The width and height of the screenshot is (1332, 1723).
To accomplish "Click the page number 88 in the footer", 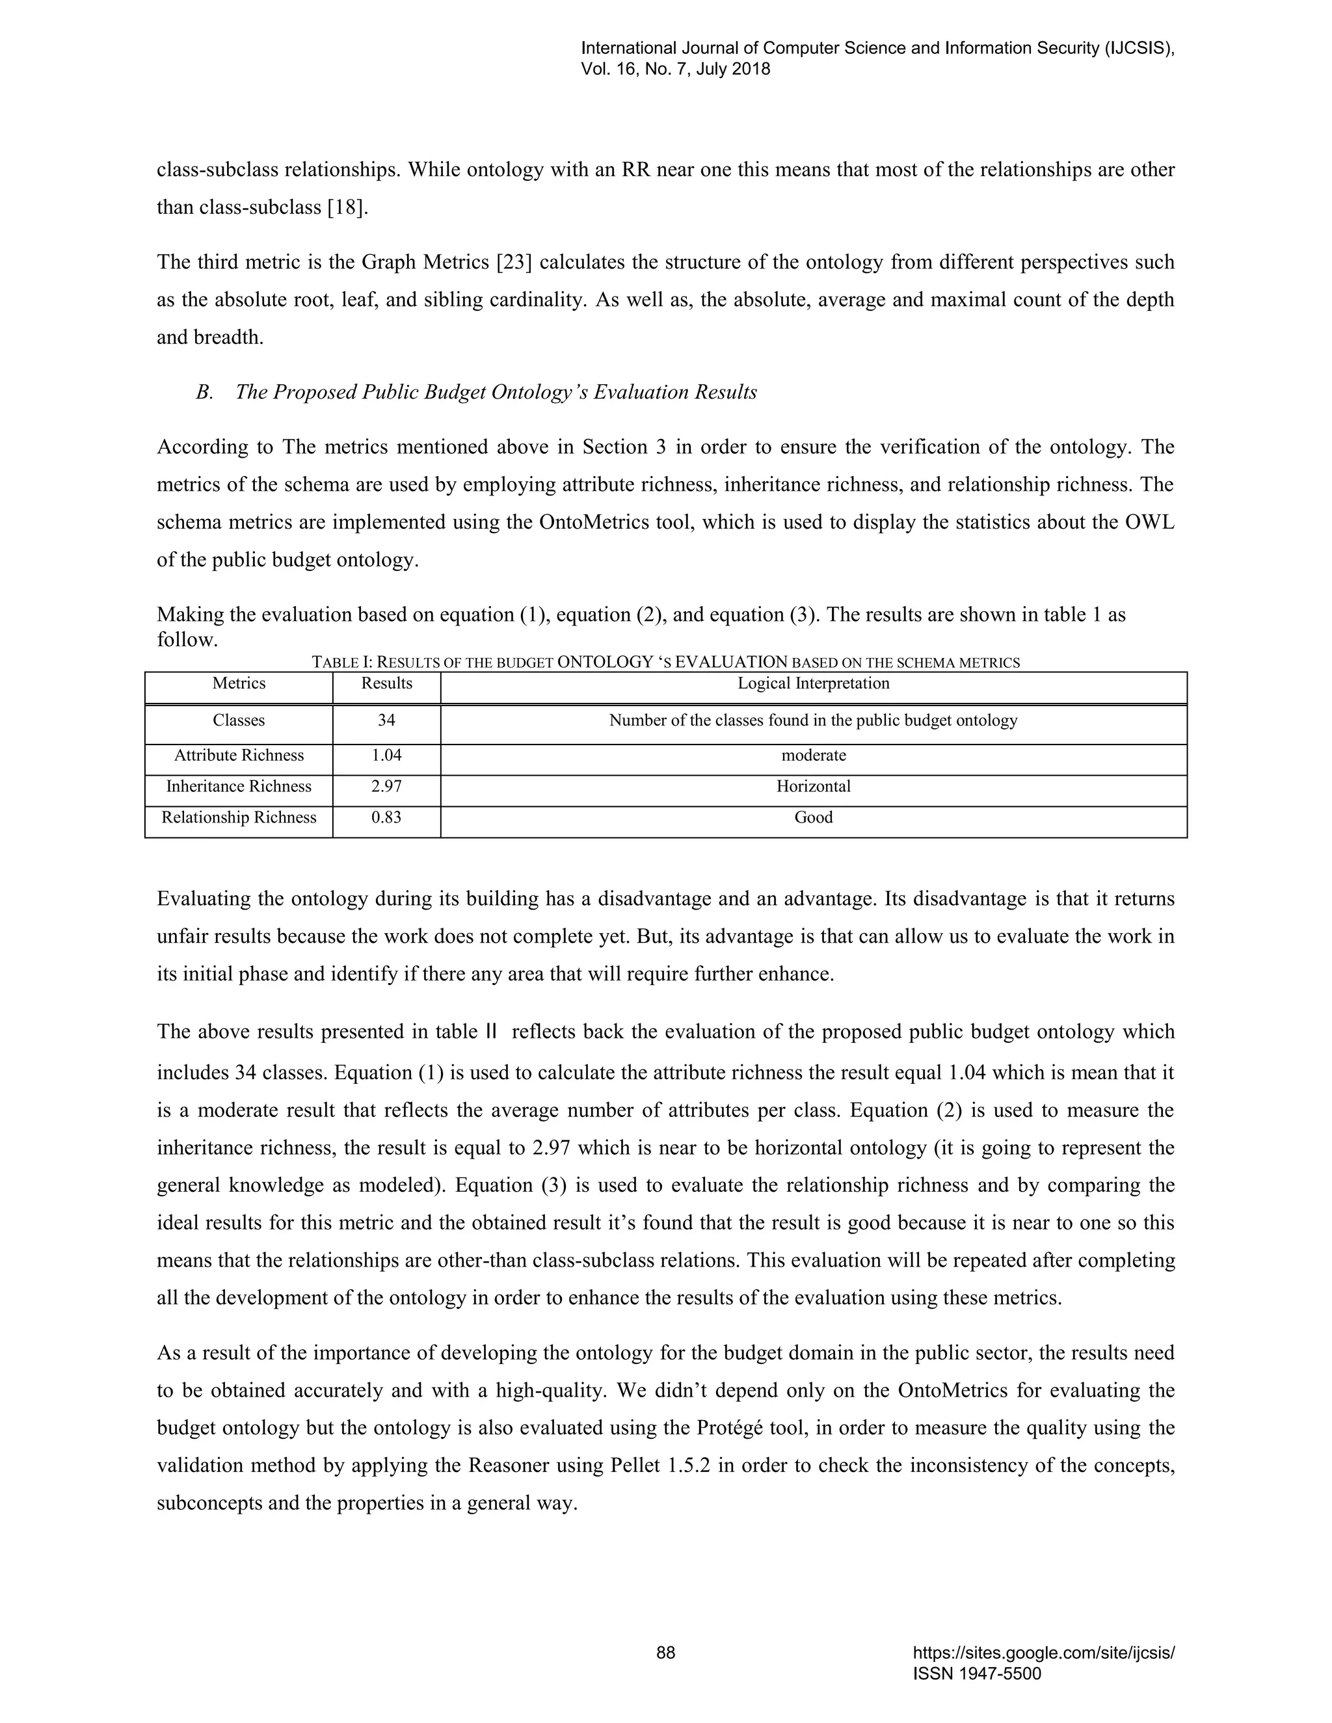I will tap(665, 1653).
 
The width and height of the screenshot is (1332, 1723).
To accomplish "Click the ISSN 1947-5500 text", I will tap(976, 1674).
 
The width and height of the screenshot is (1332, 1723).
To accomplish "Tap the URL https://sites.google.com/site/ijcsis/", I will tap(1043, 1653).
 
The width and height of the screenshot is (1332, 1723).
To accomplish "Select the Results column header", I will tap(387, 683).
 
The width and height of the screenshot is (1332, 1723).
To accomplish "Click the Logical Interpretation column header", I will tap(813, 683).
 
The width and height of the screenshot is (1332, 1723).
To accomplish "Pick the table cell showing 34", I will tap(387, 720).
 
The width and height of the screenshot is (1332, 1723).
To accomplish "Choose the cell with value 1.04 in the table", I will tap(387, 755).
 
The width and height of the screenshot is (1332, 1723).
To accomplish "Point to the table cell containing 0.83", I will tap(387, 817).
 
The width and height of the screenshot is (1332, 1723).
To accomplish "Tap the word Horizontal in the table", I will tap(813, 787).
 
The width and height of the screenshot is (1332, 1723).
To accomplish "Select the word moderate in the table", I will tap(813, 755).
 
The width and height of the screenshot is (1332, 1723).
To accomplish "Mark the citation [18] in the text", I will tap(347, 207).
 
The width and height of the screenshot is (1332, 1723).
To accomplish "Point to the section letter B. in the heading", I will tap(204, 392).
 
